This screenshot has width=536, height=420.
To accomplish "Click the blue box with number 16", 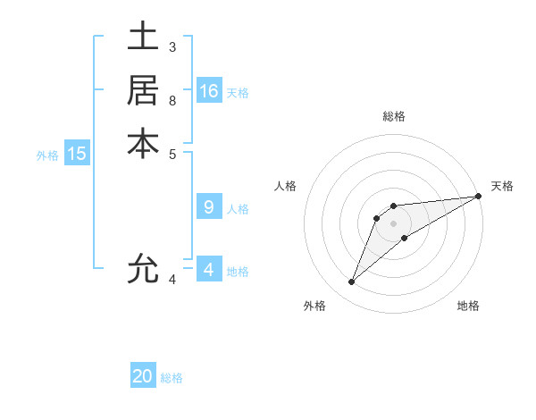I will (x=209, y=91).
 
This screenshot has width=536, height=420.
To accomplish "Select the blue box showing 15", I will (x=77, y=154).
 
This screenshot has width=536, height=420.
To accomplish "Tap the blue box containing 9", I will (x=209, y=207).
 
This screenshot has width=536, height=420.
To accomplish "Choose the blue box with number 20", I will (x=143, y=376).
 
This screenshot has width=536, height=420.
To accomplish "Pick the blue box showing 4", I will (x=209, y=270).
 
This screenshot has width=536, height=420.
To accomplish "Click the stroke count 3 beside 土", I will (x=172, y=46).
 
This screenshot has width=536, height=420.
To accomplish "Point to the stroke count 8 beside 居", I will (x=172, y=99).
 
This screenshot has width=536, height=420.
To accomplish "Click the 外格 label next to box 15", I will (x=47, y=155).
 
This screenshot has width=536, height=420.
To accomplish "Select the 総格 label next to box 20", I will (x=172, y=378).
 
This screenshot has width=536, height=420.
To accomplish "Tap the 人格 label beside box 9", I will (x=238, y=209).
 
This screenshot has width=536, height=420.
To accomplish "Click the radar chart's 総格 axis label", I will (x=394, y=116).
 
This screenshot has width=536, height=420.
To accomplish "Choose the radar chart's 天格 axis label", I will (x=502, y=186).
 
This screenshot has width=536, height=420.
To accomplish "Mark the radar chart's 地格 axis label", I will (x=468, y=306).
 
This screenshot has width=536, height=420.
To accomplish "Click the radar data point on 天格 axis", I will (x=478, y=197).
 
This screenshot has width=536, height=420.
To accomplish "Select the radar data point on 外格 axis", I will (x=352, y=282).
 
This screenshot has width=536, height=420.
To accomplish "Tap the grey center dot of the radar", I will (x=394, y=223).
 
